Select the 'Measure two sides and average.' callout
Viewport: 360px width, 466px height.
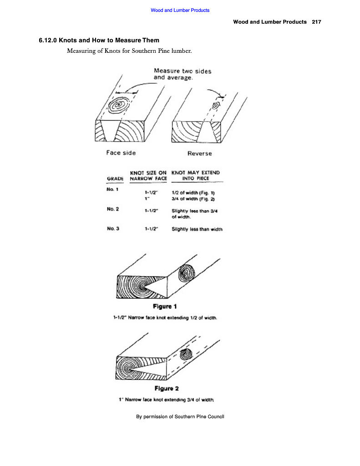(x=183, y=74)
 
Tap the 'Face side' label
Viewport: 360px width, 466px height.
(x=121, y=153)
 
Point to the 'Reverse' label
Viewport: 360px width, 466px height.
(x=200, y=153)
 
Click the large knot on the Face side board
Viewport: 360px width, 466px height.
(x=119, y=105)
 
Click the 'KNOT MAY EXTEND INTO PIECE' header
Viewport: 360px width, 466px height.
(x=195, y=176)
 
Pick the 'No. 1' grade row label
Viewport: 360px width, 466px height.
(x=113, y=188)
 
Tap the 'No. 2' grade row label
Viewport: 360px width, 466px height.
(x=113, y=209)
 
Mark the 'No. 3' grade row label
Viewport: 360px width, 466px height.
(x=113, y=228)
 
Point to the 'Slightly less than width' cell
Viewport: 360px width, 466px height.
(x=197, y=229)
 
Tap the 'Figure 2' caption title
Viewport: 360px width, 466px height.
(x=167, y=388)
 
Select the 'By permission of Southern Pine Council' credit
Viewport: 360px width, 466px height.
(x=181, y=416)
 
